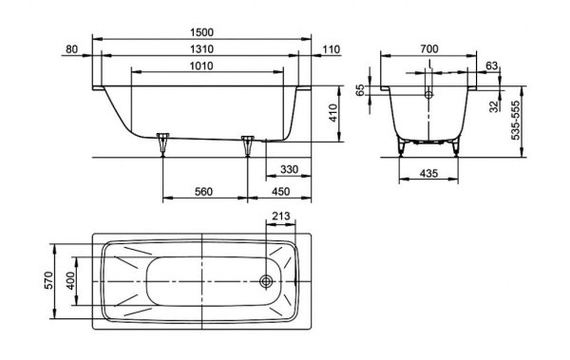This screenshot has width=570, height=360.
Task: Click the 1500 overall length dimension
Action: (201, 32)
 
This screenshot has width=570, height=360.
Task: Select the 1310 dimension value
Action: (201, 48)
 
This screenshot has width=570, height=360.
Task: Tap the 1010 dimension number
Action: (201, 66)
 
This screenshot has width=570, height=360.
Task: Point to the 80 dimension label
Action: (72, 48)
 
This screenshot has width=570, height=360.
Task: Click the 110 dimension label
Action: (331, 48)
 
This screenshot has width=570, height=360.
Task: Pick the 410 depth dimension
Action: (332, 113)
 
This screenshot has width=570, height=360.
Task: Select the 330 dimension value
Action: (290, 169)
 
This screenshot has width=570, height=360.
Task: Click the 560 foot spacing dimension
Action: (203, 191)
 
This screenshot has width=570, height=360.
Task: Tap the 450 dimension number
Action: (280, 191)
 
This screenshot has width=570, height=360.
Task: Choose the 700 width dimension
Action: (429, 48)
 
